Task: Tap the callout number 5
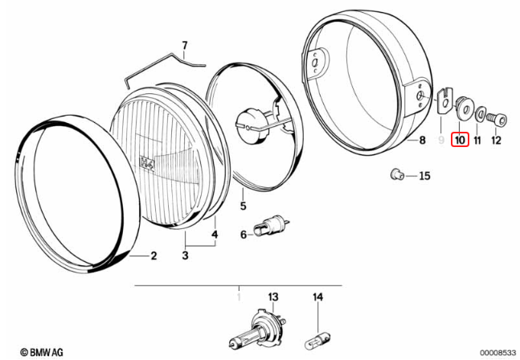click(242, 207)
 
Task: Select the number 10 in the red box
click(460, 140)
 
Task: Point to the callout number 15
click(424, 175)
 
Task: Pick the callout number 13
click(272, 297)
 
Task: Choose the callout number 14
click(317, 297)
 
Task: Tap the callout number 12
click(495, 141)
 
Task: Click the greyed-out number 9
click(441, 141)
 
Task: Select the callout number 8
click(420, 141)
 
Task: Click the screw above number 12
click(499, 119)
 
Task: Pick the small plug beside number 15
click(396, 174)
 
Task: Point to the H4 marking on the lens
click(147, 162)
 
